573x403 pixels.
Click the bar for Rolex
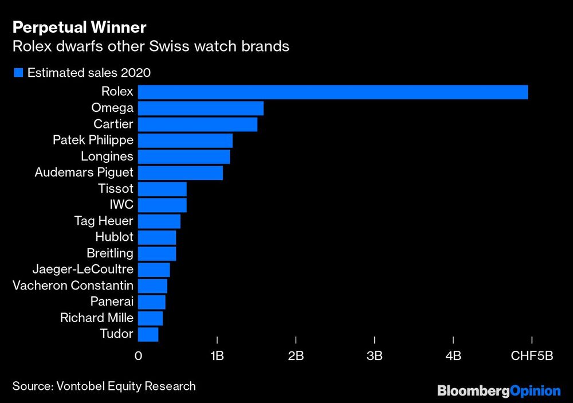coord(332,92)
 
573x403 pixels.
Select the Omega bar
coord(201,108)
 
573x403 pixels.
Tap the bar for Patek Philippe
coord(185,140)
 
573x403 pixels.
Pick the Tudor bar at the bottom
coord(148,334)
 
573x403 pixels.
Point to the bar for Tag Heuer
coord(159,221)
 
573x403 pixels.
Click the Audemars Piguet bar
coord(180,173)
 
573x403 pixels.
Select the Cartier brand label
coord(113,124)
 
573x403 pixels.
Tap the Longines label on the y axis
coord(107,156)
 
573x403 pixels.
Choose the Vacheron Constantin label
coord(73,285)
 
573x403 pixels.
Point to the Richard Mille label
coord(96,318)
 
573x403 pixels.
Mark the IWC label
coord(121,205)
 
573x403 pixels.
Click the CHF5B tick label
coord(532,356)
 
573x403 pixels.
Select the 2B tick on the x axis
coord(296,356)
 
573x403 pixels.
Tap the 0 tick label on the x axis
coord(138,356)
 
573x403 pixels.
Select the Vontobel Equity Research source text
coord(126,386)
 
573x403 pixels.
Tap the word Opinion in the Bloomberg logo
coord(535,390)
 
